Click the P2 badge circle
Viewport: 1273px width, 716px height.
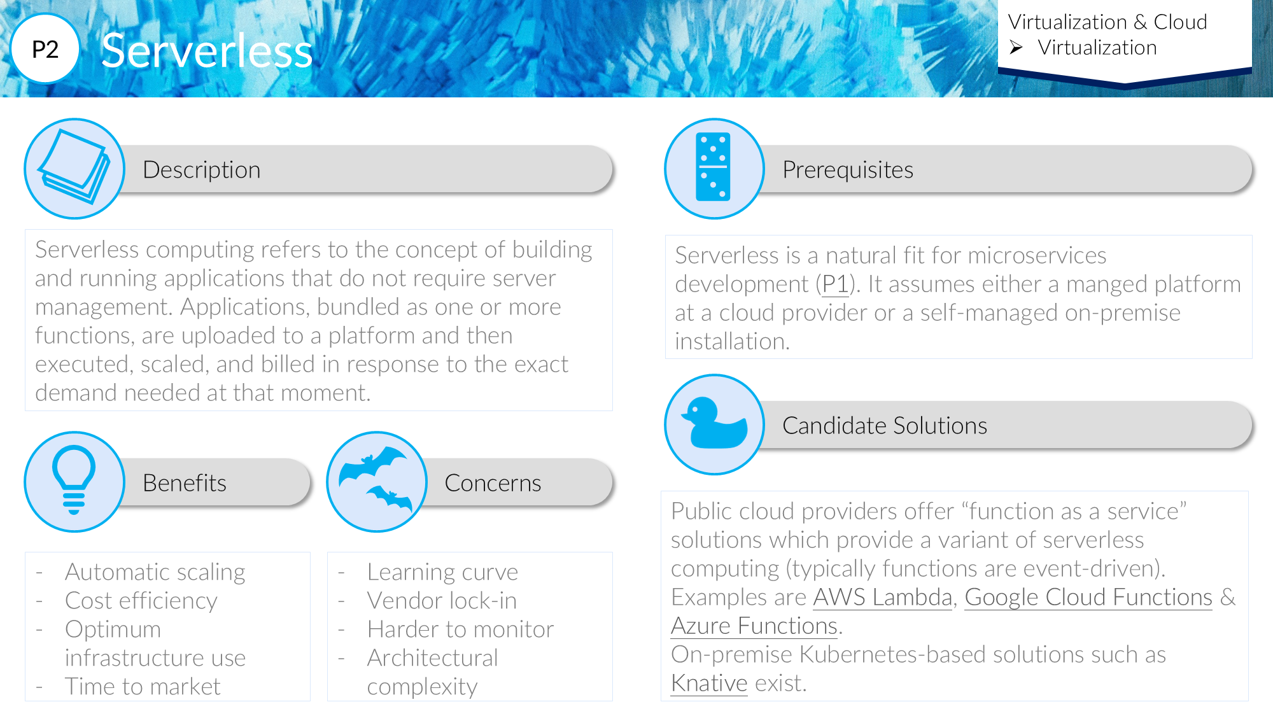[45, 49]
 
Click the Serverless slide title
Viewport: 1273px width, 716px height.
[207, 51]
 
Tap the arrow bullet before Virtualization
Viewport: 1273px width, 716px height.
[1016, 48]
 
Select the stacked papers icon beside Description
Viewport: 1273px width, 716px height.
[74, 167]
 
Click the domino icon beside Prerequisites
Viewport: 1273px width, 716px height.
[714, 167]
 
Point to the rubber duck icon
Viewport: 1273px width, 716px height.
[714, 423]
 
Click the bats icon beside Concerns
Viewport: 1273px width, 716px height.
[376, 480]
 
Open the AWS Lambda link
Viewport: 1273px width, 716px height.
[882, 597]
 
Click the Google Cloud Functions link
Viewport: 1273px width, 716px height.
[1088, 597]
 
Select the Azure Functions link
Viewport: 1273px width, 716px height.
[754, 626]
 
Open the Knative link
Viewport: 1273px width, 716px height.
[709, 683]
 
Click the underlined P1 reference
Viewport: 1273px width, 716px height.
[835, 284]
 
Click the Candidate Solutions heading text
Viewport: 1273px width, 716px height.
[885, 425]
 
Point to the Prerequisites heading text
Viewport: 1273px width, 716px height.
[848, 170]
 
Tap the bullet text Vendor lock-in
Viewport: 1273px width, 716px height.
[442, 600]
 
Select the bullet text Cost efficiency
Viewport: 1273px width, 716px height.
[141, 600]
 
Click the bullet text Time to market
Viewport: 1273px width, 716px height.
[143, 686]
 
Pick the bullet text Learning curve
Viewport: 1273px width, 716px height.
[442, 572]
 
